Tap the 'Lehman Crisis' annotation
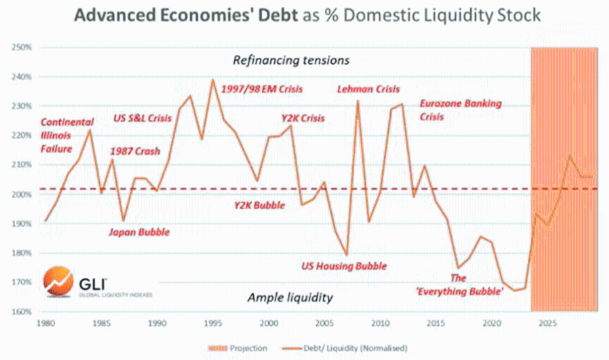pyautogui.click(x=368, y=89)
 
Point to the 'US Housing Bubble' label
pyautogui.click(x=344, y=266)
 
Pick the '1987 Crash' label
pyautogui.click(x=135, y=151)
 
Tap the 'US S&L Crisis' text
pyautogui.click(x=144, y=118)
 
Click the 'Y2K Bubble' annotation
pyautogui.click(x=259, y=206)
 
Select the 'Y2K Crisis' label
pyautogui.click(x=303, y=118)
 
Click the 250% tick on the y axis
pyautogui.click(x=22, y=47)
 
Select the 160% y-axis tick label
pyautogui.click(x=22, y=312)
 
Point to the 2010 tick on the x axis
pyautogui.click(x=380, y=324)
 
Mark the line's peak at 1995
pyautogui.click(x=212, y=79)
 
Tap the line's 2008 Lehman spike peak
pyautogui.click(x=358, y=101)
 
